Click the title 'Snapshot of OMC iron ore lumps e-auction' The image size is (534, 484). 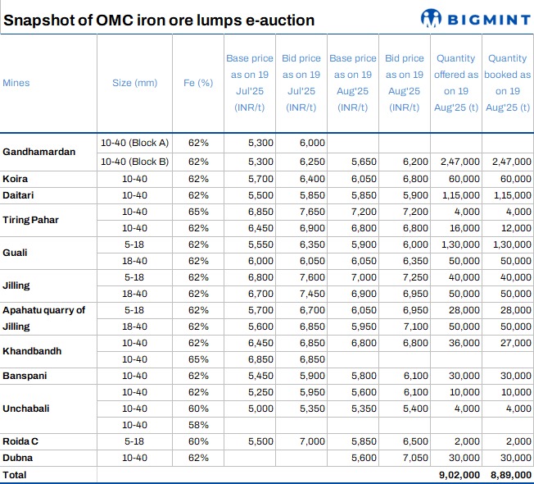tap(159, 20)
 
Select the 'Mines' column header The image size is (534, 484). tap(16, 83)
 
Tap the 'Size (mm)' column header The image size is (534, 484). tap(134, 83)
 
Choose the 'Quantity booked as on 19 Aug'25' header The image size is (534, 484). tap(507, 83)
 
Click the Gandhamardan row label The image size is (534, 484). tap(39, 152)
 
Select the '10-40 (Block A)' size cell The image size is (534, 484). tap(134, 143)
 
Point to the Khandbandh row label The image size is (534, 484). tap(32, 350)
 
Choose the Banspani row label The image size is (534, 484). tap(25, 376)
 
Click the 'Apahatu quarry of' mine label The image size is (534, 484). tap(44, 310)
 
